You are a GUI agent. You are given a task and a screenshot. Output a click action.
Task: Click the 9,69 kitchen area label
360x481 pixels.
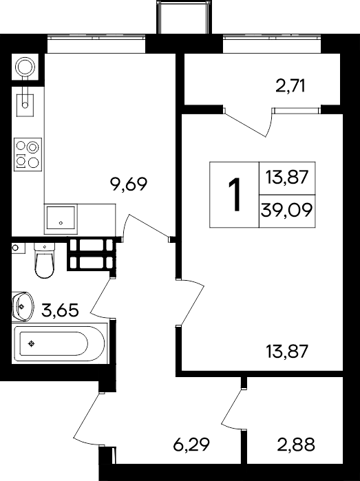point(129,184)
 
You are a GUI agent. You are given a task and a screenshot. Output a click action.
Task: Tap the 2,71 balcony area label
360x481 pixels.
point(290,86)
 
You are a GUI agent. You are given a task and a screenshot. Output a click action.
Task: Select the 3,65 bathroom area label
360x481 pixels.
point(60,310)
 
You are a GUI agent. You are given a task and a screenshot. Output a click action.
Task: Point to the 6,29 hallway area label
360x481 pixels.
point(191,445)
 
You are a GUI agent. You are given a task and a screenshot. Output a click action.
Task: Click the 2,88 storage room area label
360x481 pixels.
point(296,445)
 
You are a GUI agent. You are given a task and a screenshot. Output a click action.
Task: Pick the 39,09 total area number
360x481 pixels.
point(286,211)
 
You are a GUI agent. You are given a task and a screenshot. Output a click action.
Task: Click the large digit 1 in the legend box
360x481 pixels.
point(235,195)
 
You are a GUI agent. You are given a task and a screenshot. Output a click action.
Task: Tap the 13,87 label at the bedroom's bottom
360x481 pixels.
point(287,352)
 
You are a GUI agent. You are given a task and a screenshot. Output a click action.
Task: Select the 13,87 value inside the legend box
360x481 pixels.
point(287,178)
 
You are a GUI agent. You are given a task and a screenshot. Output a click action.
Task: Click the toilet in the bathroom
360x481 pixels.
point(45,260)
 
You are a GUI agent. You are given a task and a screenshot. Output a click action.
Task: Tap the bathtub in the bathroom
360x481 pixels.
point(60,343)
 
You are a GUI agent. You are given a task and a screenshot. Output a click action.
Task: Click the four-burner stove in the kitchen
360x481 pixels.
point(28,155)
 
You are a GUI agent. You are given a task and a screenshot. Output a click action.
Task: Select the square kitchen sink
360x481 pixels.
point(61,218)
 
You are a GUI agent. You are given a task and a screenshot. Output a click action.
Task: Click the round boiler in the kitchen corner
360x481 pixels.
point(25,67)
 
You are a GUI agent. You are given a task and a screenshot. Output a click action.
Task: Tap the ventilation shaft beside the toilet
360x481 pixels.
point(92,255)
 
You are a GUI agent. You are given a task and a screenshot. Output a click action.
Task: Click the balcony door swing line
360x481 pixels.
point(246,125)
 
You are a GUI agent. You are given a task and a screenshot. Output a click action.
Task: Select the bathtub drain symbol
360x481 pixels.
point(31,344)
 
